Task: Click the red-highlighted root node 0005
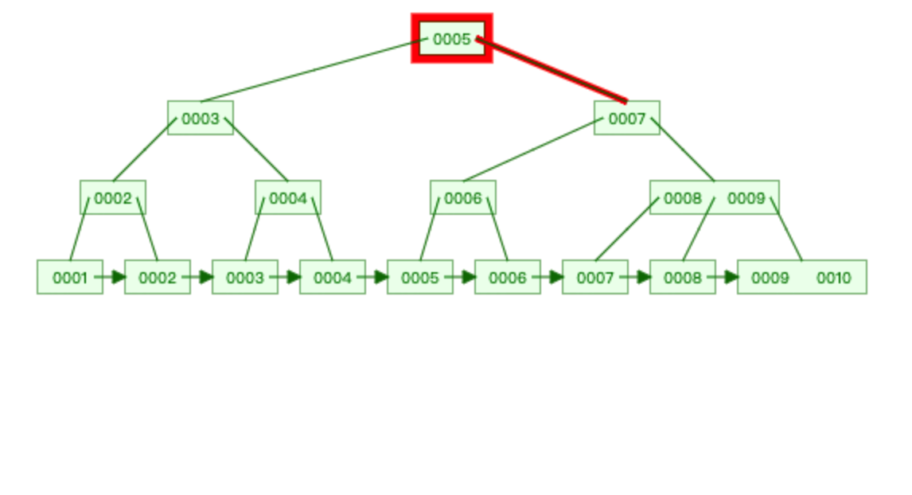tap(451, 38)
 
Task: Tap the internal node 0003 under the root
tap(200, 118)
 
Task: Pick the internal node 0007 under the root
tap(626, 118)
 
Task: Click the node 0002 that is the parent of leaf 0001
tap(112, 197)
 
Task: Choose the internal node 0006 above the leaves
tap(462, 197)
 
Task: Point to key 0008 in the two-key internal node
tap(682, 197)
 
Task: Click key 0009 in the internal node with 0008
tap(746, 197)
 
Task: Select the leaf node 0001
tap(69, 277)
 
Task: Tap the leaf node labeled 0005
tap(419, 277)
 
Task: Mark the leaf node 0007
tap(594, 277)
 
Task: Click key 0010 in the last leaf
tap(833, 277)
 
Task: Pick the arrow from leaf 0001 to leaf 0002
tap(111, 277)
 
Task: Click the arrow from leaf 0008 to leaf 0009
tap(724, 277)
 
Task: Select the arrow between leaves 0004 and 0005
tap(374, 277)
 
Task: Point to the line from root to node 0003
tap(310, 70)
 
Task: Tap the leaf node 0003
tap(244, 277)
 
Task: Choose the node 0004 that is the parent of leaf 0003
tap(287, 197)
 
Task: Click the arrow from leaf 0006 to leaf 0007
tap(549, 277)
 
